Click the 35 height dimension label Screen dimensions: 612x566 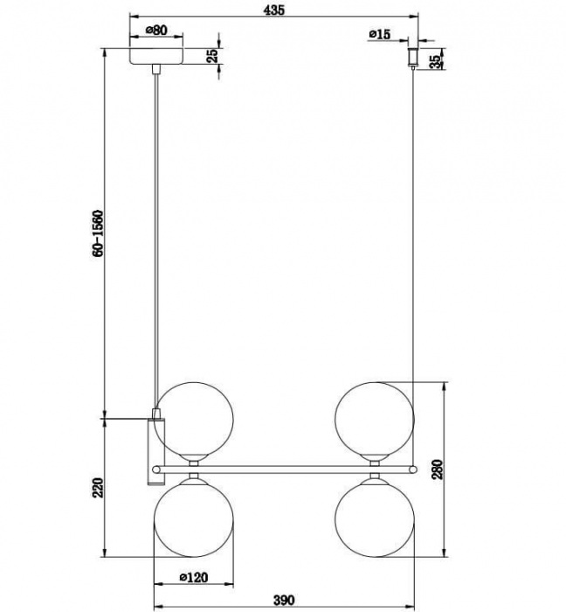437,59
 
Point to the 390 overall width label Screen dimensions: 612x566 283,600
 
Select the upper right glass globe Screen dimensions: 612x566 373,419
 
